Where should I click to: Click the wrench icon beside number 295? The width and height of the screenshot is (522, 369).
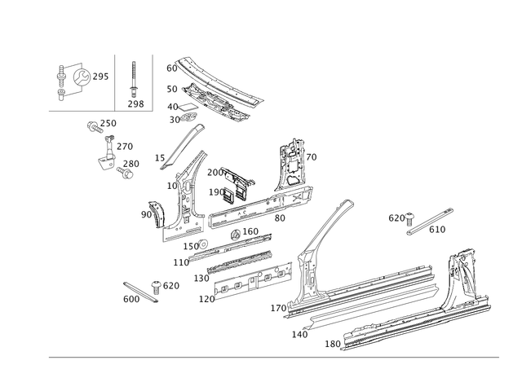(82, 77)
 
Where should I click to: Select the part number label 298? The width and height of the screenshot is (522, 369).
(136, 104)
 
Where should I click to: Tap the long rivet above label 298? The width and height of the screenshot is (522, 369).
(134, 79)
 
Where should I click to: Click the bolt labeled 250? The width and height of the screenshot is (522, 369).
(94, 127)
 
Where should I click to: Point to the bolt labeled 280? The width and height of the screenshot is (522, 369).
(125, 173)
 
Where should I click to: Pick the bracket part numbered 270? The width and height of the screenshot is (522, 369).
(107, 154)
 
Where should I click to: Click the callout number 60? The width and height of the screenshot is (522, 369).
(172, 68)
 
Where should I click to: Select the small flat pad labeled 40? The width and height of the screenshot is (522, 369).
(188, 107)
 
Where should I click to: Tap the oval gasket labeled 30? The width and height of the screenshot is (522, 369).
(188, 117)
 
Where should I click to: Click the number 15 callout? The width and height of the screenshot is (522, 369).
(160, 158)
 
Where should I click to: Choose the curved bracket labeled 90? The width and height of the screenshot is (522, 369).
(157, 213)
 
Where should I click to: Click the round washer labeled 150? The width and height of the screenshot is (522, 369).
(203, 244)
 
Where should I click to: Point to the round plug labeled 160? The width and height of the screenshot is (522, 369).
(236, 235)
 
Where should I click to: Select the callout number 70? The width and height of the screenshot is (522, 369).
(312, 157)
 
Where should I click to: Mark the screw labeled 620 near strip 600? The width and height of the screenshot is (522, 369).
(156, 287)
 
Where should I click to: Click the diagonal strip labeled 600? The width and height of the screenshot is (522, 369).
(140, 292)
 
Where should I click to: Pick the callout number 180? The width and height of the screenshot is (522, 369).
(333, 344)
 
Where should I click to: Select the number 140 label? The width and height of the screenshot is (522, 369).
(299, 335)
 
